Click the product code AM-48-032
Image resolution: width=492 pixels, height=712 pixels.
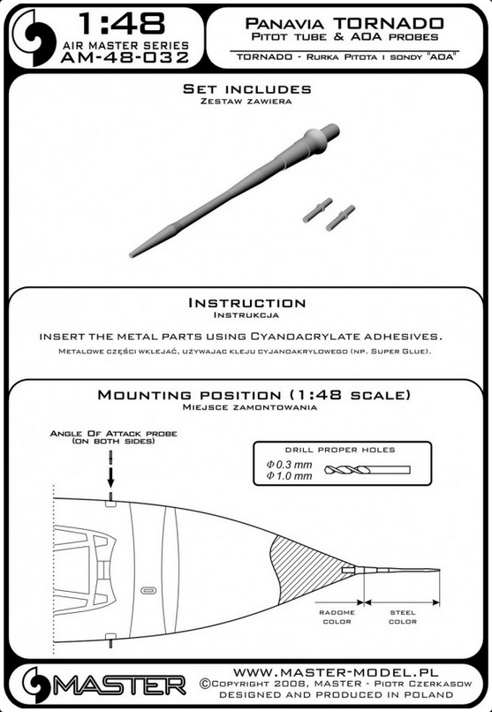(x=124, y=57)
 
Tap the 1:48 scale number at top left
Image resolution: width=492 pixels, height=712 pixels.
(x=122, y=25)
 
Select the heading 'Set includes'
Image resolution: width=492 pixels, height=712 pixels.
(x=247, y=89)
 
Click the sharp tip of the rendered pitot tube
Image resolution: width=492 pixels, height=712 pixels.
(x=131, y=255)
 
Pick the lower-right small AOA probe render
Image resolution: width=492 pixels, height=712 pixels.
(x=340, y=218)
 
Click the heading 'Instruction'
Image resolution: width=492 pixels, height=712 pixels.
(x=247, y=303)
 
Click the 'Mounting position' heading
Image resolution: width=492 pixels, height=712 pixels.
(x=254, y=395)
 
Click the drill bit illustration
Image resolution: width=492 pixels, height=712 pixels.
(x=367, y=470)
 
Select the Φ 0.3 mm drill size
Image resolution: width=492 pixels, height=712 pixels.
(x=290, y=464)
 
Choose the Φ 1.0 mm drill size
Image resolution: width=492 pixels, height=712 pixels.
(x=290, y=475)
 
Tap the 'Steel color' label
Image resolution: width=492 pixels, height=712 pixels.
(x=403, y=617)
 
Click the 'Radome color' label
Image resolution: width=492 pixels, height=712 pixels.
(x=337, y=617)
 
